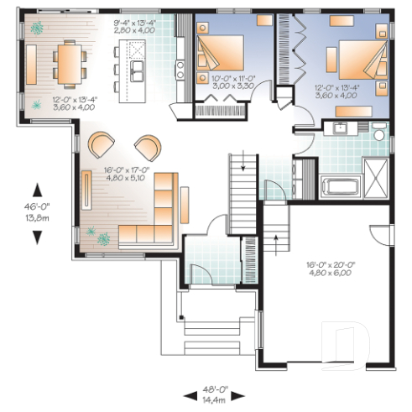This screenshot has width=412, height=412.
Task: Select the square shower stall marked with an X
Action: (x=376, y=180)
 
